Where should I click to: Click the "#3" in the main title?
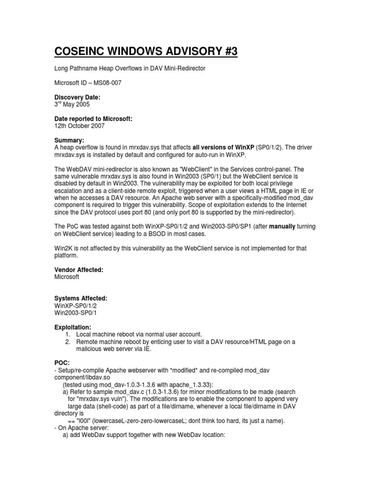pyautogui.click(x=227, y=52)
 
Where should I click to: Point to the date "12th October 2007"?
pyautogui.click(x=79, y=126)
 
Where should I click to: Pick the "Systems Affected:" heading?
pyautogui.click(x=80, y=299)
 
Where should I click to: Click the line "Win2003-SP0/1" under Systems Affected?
pyautogui.click(x=75, y=313)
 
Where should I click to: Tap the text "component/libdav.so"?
pyautogui.click(x=78, y=377)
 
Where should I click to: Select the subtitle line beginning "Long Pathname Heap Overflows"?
pyautogui.click(x=129, y=69)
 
